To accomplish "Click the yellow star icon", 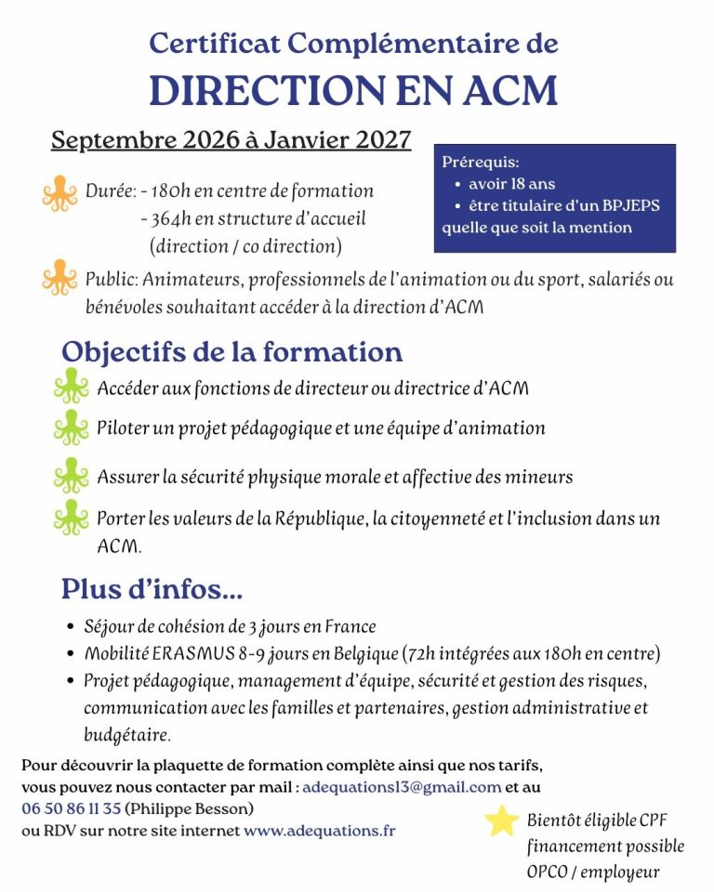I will tap(502, 820).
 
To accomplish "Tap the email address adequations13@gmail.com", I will tap(403, 786).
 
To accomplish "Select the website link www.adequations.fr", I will tap(319, 831).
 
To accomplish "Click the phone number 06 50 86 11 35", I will tap(72, 808).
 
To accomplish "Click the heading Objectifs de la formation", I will tap(231, 353).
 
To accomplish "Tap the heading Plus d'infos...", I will tap(152, 589).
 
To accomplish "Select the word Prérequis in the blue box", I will tap(481, 162).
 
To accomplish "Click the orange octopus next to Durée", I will tap(59, 192).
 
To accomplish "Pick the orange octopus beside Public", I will tap(59, 278).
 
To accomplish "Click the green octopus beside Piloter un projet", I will tap(72, 428).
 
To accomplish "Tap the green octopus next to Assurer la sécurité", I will tap(72, 475).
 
